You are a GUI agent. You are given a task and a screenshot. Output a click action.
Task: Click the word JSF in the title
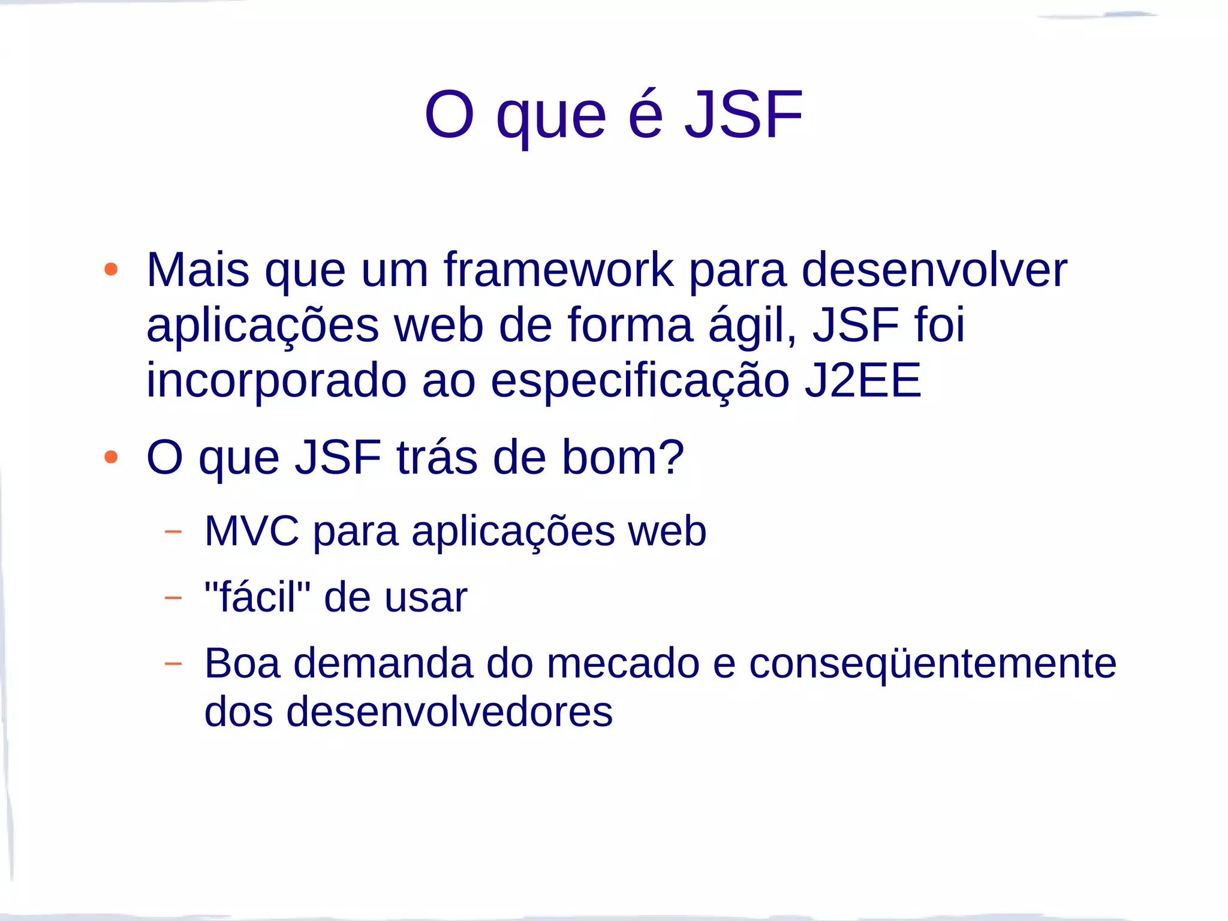(x=743, y=115)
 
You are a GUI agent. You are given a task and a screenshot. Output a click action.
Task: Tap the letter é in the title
(x=646, y=115)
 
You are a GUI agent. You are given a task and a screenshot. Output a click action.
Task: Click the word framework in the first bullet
(x=558, y=270)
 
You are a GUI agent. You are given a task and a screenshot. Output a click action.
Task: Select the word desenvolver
(x=934, y=270)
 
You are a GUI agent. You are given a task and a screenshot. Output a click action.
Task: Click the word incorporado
(x=276, y=381)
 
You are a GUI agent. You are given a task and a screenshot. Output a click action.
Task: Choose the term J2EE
(x=862, y=381)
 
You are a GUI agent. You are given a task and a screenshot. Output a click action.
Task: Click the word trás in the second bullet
(x=437, y=458)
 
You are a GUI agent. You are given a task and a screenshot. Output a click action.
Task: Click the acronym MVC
(x=251, y=531)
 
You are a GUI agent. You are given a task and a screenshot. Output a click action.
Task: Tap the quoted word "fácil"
(x=257, y=597)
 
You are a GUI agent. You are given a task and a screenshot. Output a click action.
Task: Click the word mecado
(x=623, y=664)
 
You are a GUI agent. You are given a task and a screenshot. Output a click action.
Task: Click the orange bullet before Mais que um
(x=111, y=269)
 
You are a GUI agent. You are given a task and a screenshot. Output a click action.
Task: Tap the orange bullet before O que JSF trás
(x=111, y=458)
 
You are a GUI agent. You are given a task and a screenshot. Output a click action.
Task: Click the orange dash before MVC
(x=173, y=531)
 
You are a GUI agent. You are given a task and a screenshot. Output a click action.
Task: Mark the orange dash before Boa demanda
(x=173, y=663)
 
